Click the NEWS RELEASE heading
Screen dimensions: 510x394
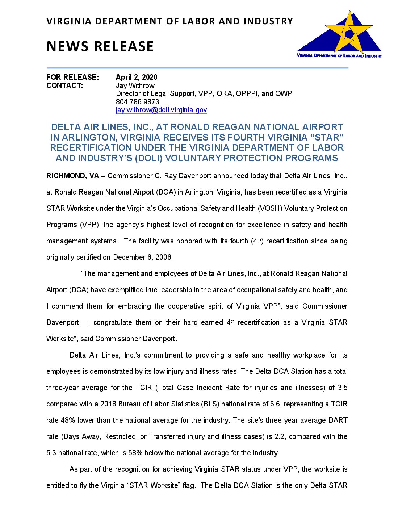click(x=100, y=46)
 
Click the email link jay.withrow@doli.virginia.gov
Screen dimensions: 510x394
click(x=161, y=110)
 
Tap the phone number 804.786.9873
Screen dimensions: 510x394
click(x=137, y=102)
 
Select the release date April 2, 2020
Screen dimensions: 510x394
click(x=137, y=77)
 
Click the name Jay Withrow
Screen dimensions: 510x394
click(x=135, y=85)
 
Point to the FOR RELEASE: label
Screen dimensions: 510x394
click(x=72, y=77)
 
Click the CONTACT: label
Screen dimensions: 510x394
click(x=64, y=85)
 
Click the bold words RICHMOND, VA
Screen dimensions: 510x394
click(x=72, y=176)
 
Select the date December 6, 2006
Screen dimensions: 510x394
click(x=143, y=257)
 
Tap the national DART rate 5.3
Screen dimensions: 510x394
click(x=51, y=453)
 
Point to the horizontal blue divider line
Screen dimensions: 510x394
click(x=197, y=68)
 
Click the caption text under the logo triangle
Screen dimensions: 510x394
click(x=339, y=56)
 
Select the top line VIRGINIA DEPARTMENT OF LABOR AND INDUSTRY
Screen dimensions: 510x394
click(x=169, y=21)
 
